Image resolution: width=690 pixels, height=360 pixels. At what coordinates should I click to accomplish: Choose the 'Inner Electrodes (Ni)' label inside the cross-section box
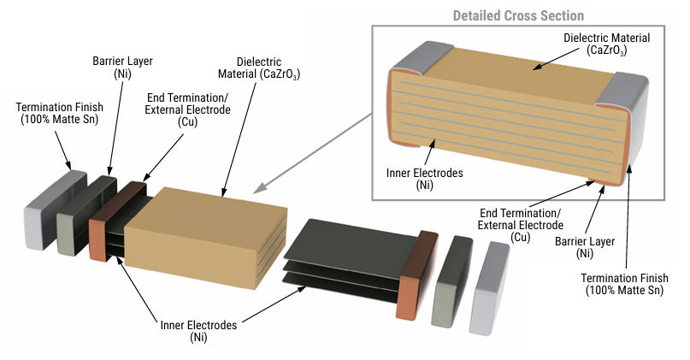click(x=426, y=178)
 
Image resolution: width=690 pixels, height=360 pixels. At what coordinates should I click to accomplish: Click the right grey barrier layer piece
click(x=451, y=279)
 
